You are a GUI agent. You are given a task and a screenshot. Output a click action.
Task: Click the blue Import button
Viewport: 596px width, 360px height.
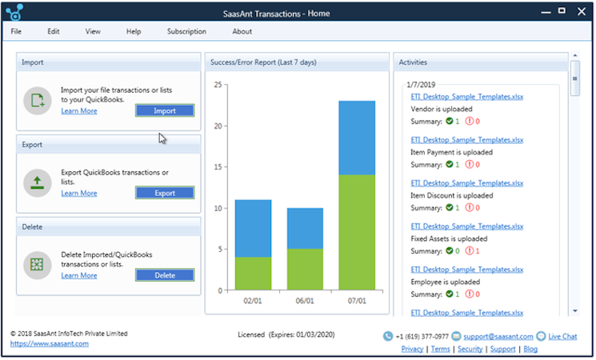pyautogui.click(x=164, y=110)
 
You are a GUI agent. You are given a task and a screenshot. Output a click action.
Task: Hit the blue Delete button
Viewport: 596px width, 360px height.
pyautogui.click(x=164, y=275)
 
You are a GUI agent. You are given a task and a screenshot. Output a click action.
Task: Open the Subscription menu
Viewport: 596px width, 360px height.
pyautogui.click(x=186, y=32)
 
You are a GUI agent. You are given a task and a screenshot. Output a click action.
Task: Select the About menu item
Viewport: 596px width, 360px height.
pyautogui.click(x=242, y=32)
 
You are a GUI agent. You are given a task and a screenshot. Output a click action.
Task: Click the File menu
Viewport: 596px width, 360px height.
pyautogui.click(x=16, y=32)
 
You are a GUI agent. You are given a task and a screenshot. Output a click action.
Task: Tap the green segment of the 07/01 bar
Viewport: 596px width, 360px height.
pyautogui.click(x=357, y=232)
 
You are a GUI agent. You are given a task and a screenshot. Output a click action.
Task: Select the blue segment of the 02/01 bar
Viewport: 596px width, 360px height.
pyautogui.click(x=253, y=228)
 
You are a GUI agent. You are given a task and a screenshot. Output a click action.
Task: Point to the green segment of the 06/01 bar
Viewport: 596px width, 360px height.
pyautogui.click(x=305, y=269)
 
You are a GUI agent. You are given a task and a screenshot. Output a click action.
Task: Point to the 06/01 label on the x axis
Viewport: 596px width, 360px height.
pyautogui.click(x=305, y=302)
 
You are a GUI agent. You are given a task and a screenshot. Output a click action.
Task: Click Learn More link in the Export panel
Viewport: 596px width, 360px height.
pyautogui.click(x=78, y=194)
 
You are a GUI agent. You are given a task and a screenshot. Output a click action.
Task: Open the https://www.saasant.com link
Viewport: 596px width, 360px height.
pyautogui.click(x=50, y=344)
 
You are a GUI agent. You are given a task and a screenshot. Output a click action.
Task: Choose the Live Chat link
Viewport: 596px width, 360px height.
pyautogui.click(x=562, y=337)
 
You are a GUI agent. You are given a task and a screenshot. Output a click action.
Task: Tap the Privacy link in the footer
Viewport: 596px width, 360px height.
pyautogui.click(x=412, y=350)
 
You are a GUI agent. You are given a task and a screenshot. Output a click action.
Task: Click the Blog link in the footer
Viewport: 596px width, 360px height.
pyautogui.click(x=530, y=350)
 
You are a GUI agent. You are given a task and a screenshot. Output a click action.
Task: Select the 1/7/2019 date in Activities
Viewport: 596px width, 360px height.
pyautogui.click(x=420, y=84)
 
